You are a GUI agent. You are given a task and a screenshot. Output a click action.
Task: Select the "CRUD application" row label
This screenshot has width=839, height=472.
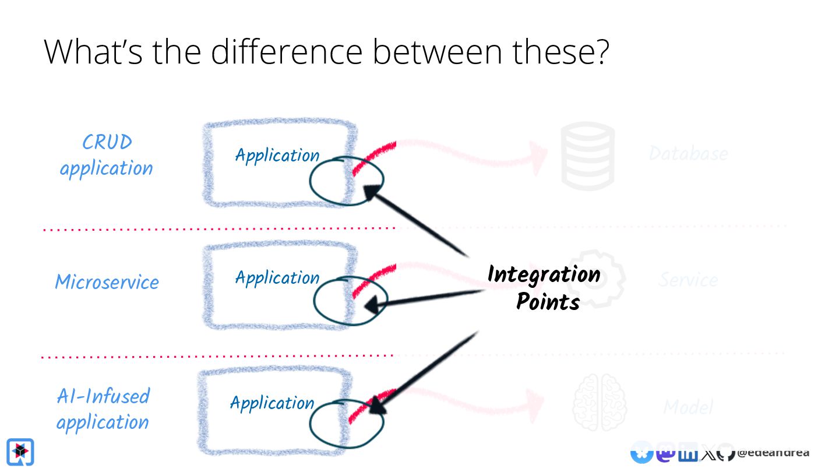coord(107,155)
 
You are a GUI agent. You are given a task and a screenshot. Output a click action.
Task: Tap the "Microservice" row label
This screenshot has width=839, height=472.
coord(107,282)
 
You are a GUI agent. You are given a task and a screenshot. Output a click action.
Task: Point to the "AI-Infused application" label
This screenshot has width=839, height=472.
coord(103,408)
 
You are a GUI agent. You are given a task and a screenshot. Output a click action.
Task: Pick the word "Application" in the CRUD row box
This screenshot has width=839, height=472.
coord(277,156)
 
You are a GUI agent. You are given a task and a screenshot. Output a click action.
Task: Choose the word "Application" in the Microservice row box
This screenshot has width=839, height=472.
coord(277,277)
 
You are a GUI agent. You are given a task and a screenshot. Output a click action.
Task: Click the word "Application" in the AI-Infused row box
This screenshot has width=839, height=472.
coord(272,403)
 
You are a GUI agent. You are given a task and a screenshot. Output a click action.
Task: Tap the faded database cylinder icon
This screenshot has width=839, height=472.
coord(587,156)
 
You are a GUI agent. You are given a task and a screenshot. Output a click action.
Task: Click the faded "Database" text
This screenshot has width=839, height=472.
coord(688,154)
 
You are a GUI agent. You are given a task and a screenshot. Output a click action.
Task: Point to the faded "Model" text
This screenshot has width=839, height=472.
coord(688,407)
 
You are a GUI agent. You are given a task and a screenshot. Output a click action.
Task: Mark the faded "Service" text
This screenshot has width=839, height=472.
coord(688,280)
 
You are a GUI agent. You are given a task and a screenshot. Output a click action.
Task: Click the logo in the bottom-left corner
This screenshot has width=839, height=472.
coord(20,452)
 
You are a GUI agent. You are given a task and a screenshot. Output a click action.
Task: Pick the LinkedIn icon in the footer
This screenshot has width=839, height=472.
coord(688,453)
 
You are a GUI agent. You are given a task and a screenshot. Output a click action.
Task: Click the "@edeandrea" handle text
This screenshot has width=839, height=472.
coord(773,453)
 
